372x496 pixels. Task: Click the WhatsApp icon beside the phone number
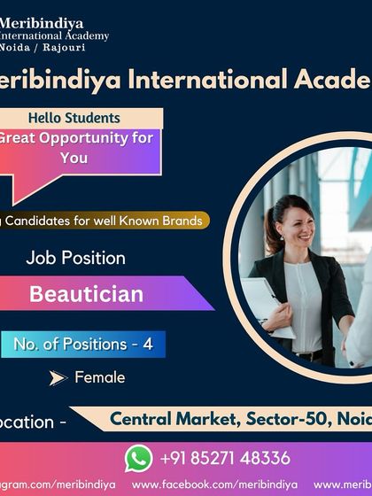[138, 458]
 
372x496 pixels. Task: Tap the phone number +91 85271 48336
[225, 458]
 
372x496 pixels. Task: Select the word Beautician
[86, 294]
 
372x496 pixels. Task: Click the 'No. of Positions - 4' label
[83, 344]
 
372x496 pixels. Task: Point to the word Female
[99, 377]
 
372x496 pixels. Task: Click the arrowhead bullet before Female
[58, 378]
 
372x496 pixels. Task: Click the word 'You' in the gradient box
[74, 158]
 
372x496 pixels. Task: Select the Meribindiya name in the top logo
[41, 21]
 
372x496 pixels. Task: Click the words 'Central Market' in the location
[162, 417]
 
